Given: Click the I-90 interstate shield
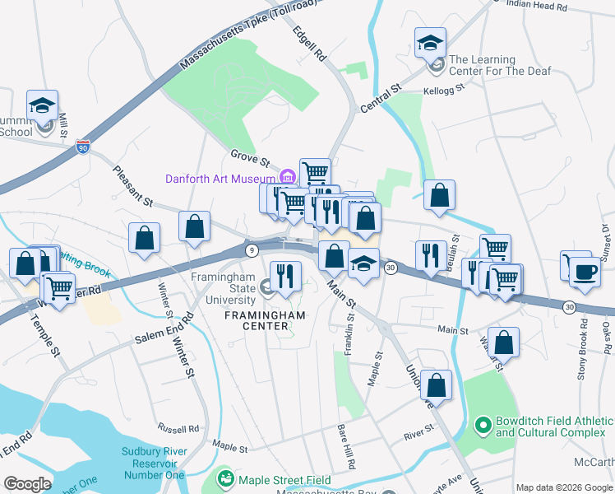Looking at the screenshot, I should [82, 147].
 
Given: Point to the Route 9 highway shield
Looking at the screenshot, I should [249, 248].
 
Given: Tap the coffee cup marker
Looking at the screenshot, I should [585, 273].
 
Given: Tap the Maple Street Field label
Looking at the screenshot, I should [284, 480].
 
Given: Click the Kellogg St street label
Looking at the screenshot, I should [444, 90].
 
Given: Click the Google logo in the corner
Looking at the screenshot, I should [27, 484].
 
